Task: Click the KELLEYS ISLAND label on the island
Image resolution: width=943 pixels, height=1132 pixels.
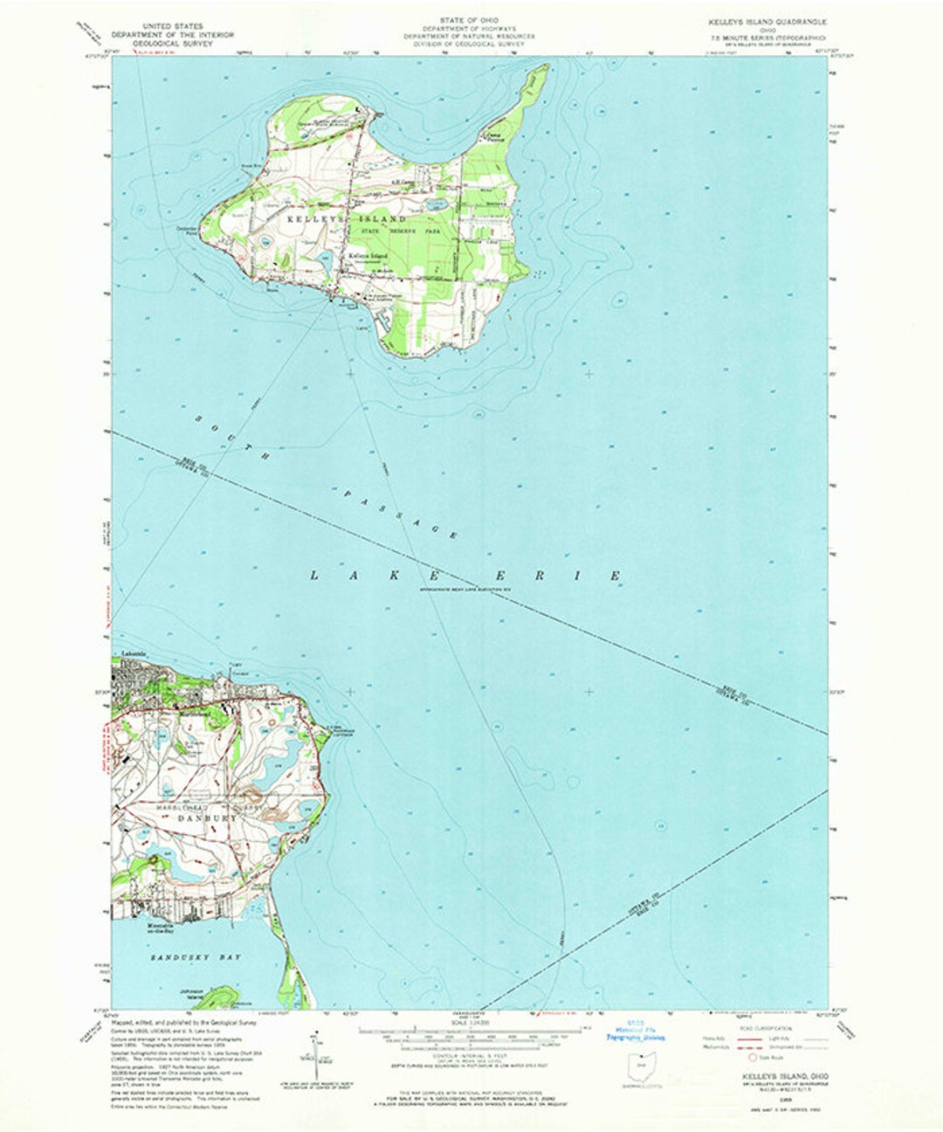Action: [348, 219]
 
